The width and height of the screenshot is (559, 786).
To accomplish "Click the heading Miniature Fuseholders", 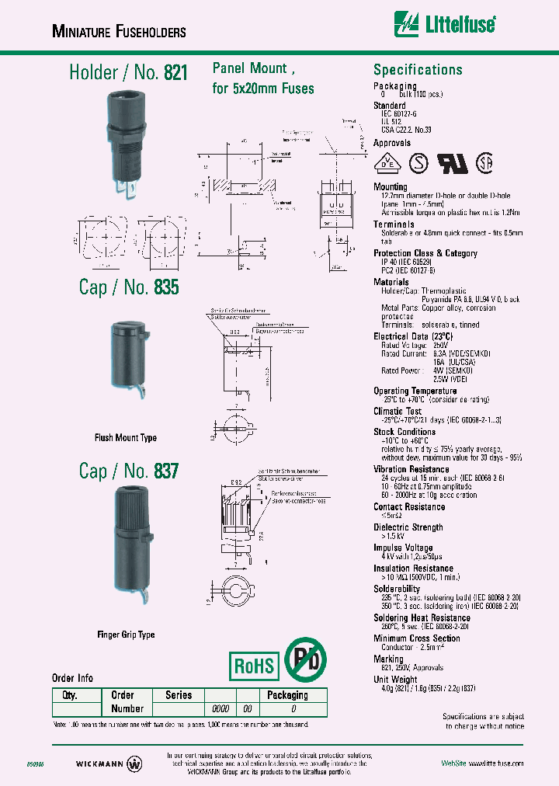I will point(118,32).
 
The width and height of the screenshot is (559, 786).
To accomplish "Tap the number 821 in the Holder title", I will point(175,73).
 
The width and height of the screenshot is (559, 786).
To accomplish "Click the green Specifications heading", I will point(418,70).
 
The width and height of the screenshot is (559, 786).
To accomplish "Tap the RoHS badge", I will point(254,666).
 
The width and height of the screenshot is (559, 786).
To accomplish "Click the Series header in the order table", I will point(178,695).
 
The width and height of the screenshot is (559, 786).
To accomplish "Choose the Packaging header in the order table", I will point(287,695).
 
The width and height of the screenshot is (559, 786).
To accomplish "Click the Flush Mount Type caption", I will point(126,438).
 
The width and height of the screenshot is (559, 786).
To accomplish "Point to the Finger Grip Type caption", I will point(126,635).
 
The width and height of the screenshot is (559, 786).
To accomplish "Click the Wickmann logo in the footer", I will point(109,763).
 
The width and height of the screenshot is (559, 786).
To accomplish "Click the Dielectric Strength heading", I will point(408,527).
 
